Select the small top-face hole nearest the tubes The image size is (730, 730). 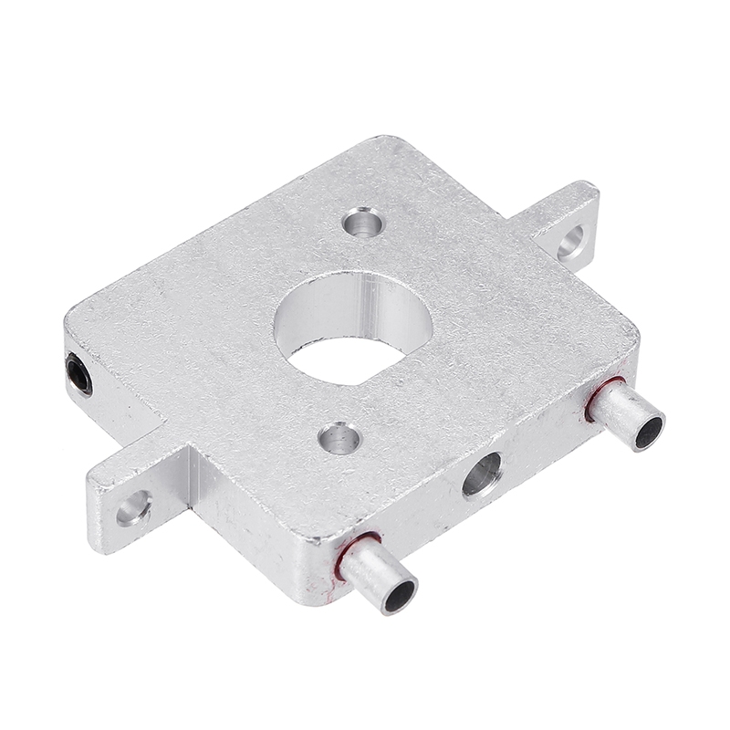pos(339,437)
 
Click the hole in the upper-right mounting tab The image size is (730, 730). pos(573,242)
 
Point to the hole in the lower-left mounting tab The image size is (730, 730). pos(133,507)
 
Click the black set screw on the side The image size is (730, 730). pos(79,375)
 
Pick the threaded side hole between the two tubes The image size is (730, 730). pos(481,474)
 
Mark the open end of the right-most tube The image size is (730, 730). pos(647,428)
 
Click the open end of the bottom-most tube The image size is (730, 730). pos(400,596)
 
